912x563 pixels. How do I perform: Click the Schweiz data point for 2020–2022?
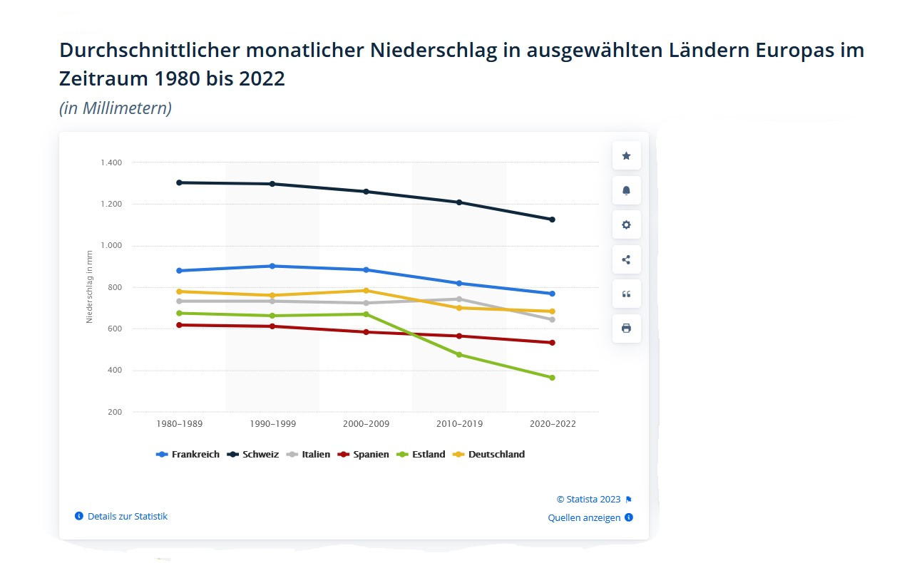[x=552, y=219]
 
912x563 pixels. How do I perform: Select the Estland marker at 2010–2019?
[x=459, y=354]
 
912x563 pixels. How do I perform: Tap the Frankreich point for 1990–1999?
[x=272, y=266]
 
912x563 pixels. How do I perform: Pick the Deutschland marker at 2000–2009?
[x=366, y=291]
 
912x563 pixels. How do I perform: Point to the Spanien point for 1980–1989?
[x=179, y=325]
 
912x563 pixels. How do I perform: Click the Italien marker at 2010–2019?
[x=459, y=299]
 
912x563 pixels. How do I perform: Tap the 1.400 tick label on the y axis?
[x=111, y=163]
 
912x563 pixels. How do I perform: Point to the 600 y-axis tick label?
[x=114, y=329]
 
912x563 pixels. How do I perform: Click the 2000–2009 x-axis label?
[x=366, y=424]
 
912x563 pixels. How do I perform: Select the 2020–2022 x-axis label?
[x=553, y=424]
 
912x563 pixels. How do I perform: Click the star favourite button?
[x=626, y=156]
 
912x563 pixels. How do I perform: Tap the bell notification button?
[x=626, y=190]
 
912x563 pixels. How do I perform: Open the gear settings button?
[x=626, y=225]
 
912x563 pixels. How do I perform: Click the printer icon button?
[x=626, y=329]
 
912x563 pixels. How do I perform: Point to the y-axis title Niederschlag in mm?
[x=90, y=286]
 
